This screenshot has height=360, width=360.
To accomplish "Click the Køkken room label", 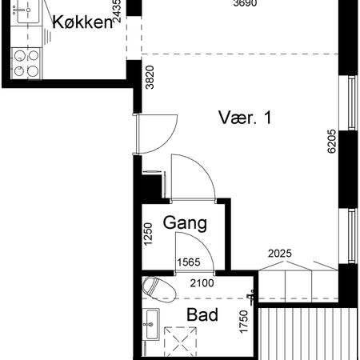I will click(82, 22).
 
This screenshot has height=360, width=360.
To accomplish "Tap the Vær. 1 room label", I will click(246, 118).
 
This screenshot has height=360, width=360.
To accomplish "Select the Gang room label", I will click(186, 223).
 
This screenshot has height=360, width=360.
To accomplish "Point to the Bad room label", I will click(202, 315).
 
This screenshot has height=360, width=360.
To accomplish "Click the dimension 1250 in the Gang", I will click(147, 238).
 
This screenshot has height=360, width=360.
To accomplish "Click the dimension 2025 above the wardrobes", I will click(279, 254).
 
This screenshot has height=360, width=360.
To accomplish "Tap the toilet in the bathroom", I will click(158, 288).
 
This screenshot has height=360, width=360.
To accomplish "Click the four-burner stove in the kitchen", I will click(26, 63).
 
